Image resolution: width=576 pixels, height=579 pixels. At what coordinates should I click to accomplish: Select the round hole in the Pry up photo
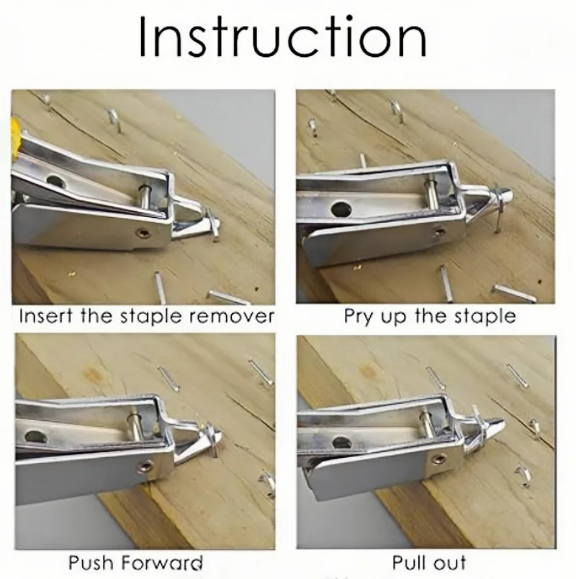[341, 210]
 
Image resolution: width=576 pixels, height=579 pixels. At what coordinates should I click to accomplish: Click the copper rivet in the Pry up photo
[438, 232]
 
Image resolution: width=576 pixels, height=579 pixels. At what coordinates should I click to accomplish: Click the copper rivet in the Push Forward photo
[144, 467]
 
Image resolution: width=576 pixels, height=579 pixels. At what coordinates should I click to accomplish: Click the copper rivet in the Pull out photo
[436, 459]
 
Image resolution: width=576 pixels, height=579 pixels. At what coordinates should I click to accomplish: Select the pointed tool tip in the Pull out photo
[498, 426]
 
